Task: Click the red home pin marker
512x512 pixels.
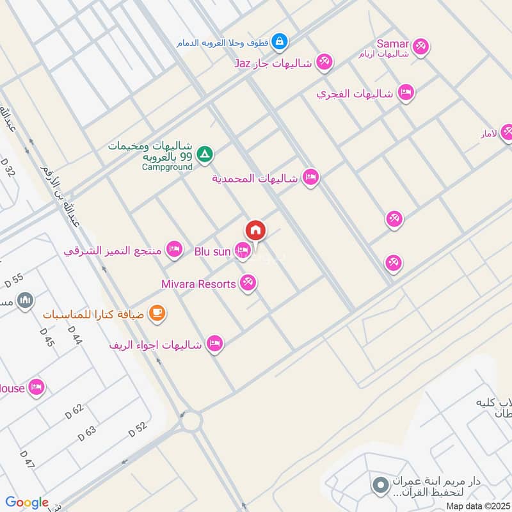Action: pyautogui.click(x=255, y=230)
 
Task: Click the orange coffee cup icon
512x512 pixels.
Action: pyautogui.click(x=157, y=313)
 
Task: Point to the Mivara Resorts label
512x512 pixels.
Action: pyautogui.click(x=198, y=284)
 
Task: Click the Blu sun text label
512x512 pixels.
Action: pyautogui.click(x=212, y=252)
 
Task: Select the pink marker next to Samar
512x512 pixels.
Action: pyautogui.click(x=420, y=45)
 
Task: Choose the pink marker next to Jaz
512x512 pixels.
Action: pyautogui.click(x=324, y=62)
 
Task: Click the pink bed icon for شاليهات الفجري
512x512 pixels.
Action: pyautogui.click(x=405, y=93)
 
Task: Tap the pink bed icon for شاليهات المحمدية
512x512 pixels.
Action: pyautogui.click(x=310, y=177)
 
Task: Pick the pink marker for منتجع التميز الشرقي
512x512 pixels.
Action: pyautogui.click(x=173, y=250)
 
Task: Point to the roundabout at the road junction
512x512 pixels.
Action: pyautogui.click(x=190, y=422)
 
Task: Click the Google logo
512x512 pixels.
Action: pyautogui.click(x=27, y=502)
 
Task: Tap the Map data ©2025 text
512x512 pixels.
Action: pyautogui.click(x=477, y=506)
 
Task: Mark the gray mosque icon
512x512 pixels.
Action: pyautogui.click(x=25, y=300)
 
